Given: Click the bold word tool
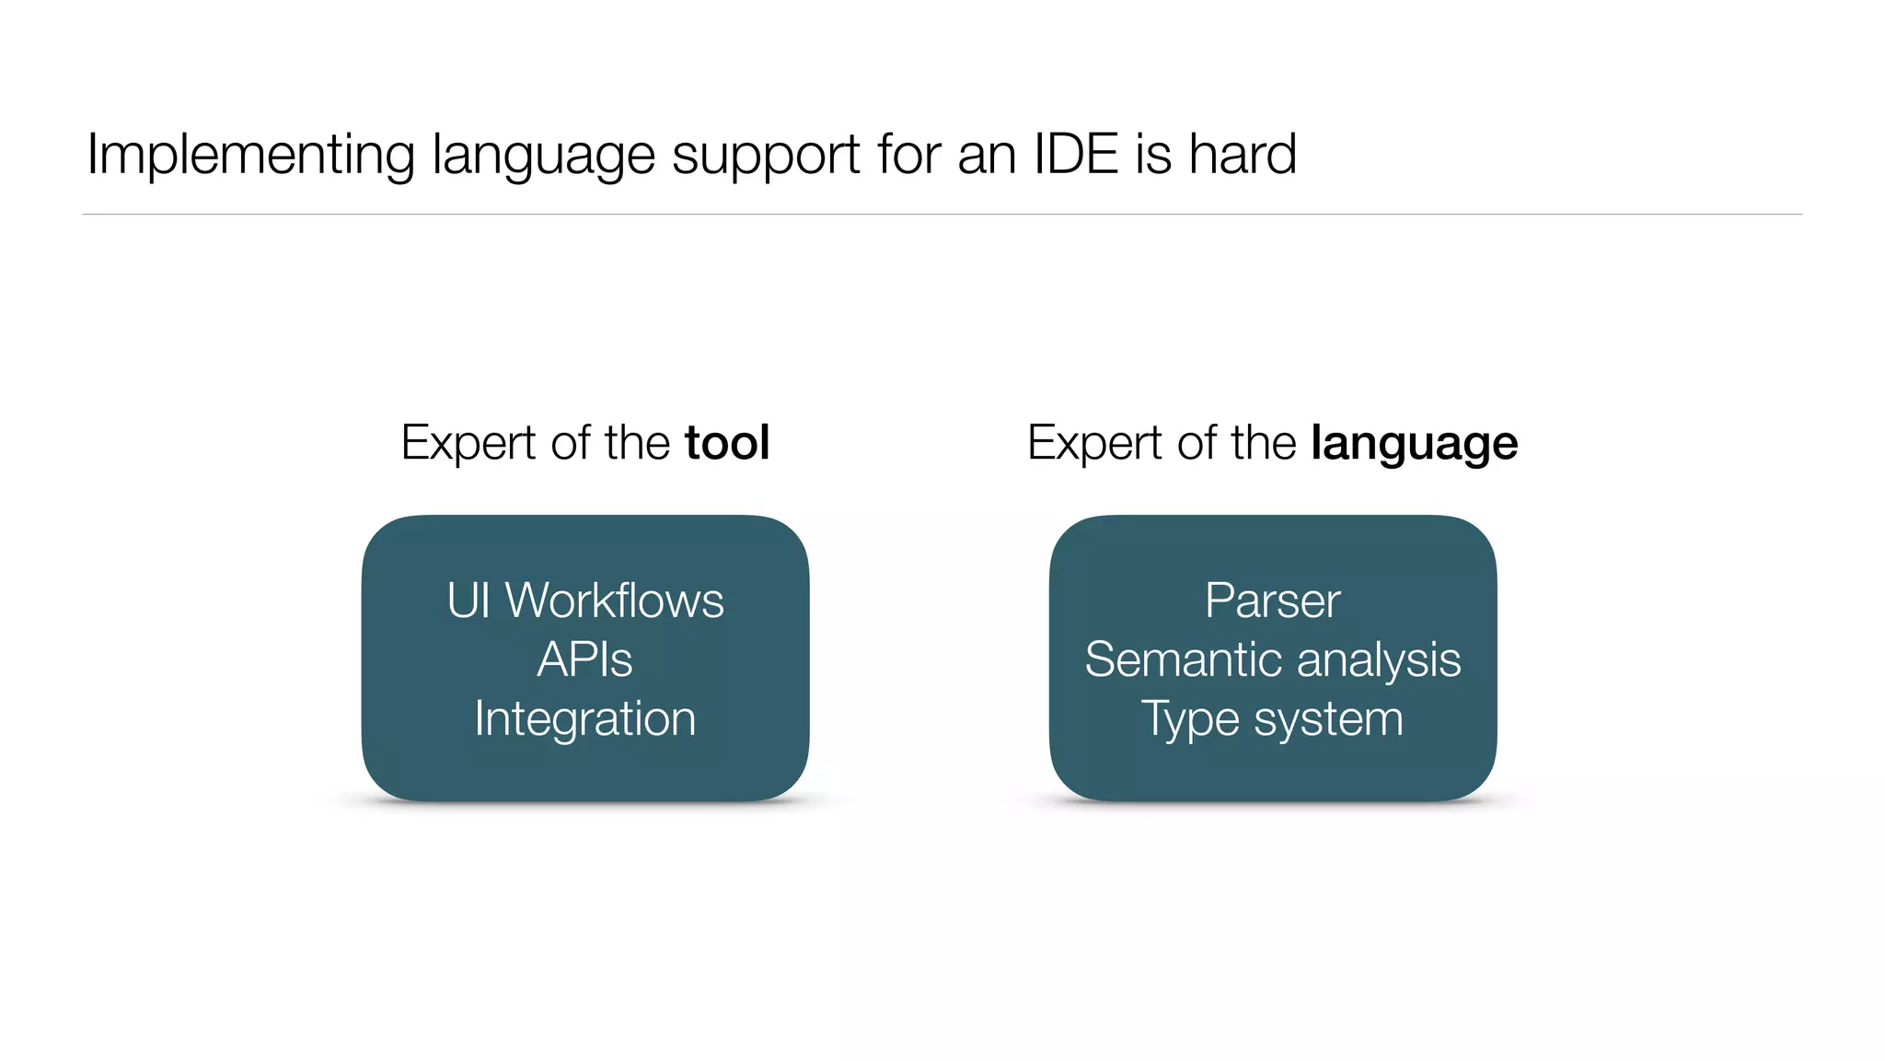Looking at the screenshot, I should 726,443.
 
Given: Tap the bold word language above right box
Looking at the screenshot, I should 1414,445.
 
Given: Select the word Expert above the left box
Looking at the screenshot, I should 468,445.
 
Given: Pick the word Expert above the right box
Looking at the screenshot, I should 1094,445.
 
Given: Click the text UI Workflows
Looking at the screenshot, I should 585,600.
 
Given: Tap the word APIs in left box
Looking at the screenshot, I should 585,659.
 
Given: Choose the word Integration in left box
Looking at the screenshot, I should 585,719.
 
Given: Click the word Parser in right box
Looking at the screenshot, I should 1272,600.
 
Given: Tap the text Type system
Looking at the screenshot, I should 1272,719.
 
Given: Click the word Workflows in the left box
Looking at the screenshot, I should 615,600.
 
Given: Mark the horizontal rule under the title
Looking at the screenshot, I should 942,215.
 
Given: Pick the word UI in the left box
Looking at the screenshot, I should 468,600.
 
